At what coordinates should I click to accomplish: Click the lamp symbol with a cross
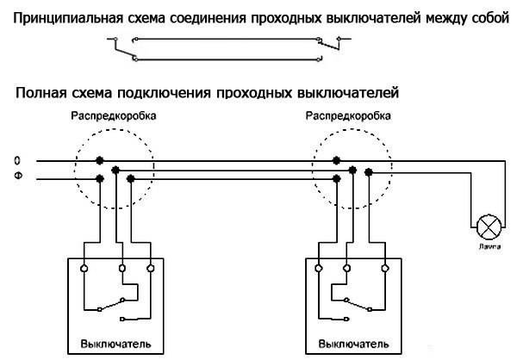[489, 227]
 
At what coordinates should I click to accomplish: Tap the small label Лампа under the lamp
[489, 246]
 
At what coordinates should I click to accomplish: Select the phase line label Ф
[17, 178]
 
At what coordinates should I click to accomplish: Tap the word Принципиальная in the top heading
[65, 13]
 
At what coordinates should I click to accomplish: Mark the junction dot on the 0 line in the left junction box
[101, 161]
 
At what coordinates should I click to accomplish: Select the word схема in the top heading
[148, 13]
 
